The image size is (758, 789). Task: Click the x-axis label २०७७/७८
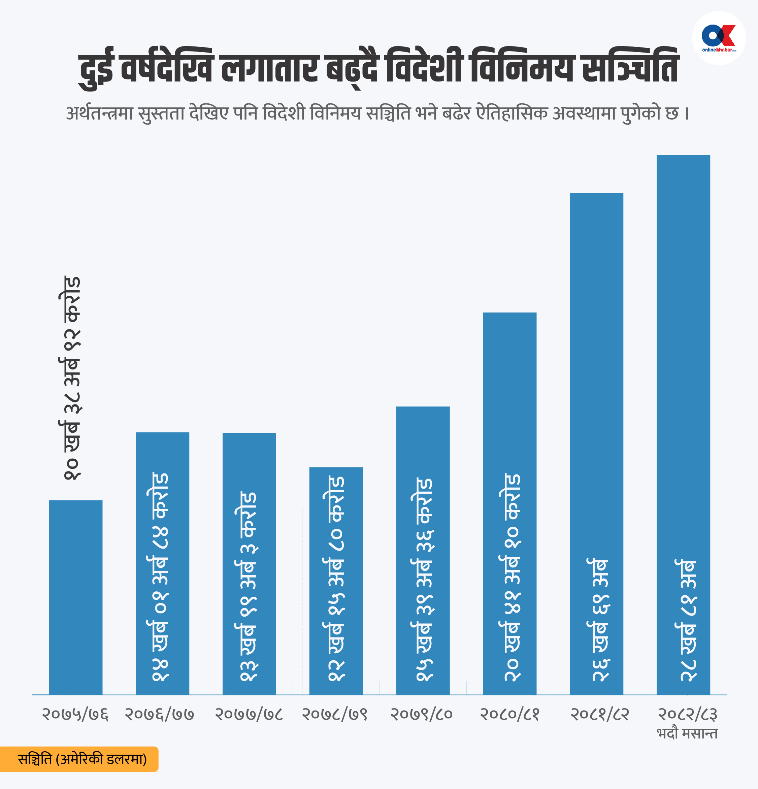[249, 715]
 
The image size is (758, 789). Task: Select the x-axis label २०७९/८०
[422, 715]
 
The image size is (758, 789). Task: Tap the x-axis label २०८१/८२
[599, 715]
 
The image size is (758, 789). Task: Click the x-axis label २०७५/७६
[75, 715]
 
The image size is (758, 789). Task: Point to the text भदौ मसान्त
[687, 733]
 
